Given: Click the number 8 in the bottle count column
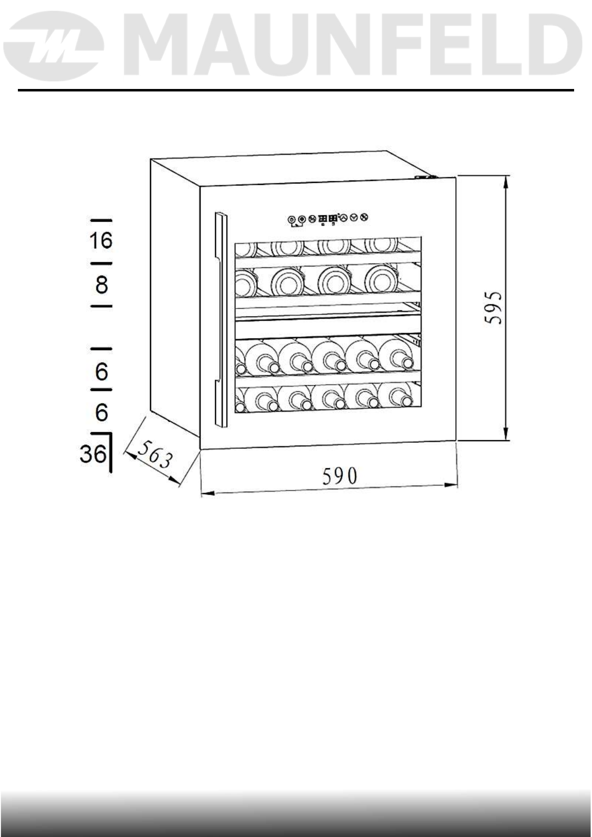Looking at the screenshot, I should (x=101, y=285).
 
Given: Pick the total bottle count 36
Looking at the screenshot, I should (x=93, y=453).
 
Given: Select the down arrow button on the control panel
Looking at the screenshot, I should (x=354, y=218).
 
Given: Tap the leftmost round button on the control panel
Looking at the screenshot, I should (x=291, y=219).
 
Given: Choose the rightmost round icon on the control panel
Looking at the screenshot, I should (x=364, y=218).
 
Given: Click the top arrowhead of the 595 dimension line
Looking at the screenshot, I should (x=506, y=181).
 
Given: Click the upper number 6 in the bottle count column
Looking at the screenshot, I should (x=102, y=371).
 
